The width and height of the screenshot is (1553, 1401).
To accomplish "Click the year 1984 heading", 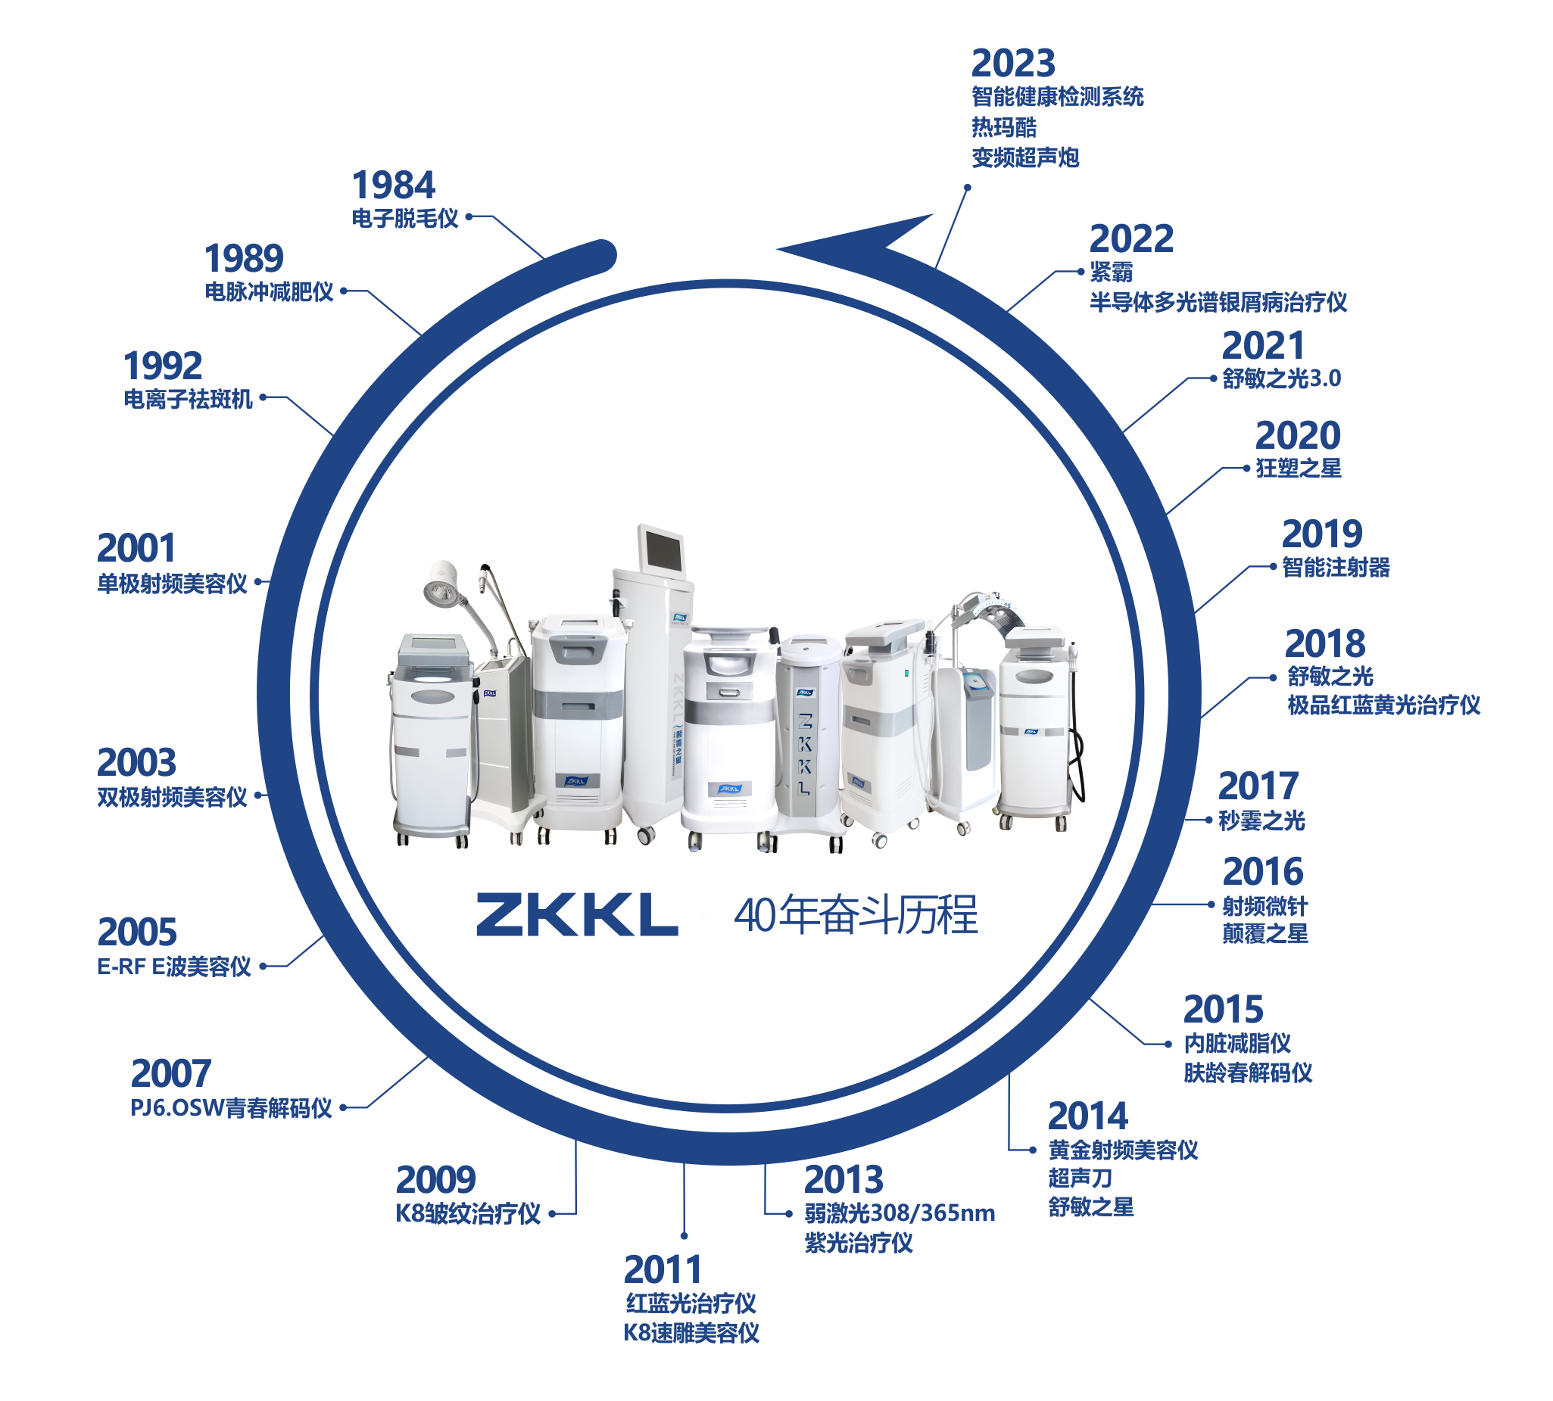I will pos(394,185).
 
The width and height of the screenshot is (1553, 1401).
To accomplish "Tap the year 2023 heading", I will pos(1012,64).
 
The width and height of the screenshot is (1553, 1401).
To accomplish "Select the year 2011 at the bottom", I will pos(662,1269).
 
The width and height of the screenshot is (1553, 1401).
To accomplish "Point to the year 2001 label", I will pos(136,549).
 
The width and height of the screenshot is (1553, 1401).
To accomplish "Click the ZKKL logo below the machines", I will pos(576,914).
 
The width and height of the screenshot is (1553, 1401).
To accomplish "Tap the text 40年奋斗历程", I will pos(856,915).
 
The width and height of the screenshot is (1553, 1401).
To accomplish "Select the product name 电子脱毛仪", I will pos(404,219).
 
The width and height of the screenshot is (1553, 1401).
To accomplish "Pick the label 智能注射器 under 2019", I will pos(1335,568).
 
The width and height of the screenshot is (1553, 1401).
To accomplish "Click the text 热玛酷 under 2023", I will pos(1003,127).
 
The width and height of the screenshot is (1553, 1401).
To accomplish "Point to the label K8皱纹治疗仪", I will pos(467,1214).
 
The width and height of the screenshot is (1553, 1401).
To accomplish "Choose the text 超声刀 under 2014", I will pos(1080,1178).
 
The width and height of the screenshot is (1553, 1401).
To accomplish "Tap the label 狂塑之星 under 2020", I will pos(1298,468).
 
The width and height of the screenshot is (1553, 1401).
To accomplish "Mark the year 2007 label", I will pos(171,1074).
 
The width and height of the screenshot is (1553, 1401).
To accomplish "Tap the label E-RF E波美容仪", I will pos(174,967).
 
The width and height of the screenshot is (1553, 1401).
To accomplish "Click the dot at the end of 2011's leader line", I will pos(684,1235).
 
